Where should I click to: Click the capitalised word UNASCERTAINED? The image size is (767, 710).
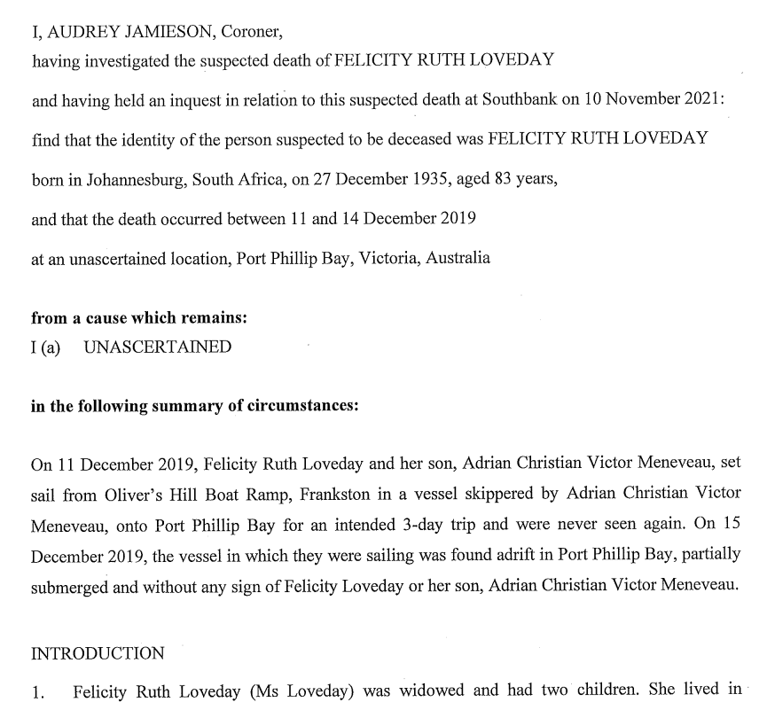(158, 347)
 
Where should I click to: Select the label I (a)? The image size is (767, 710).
(45, 347)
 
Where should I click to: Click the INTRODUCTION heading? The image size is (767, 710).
(98, 653)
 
